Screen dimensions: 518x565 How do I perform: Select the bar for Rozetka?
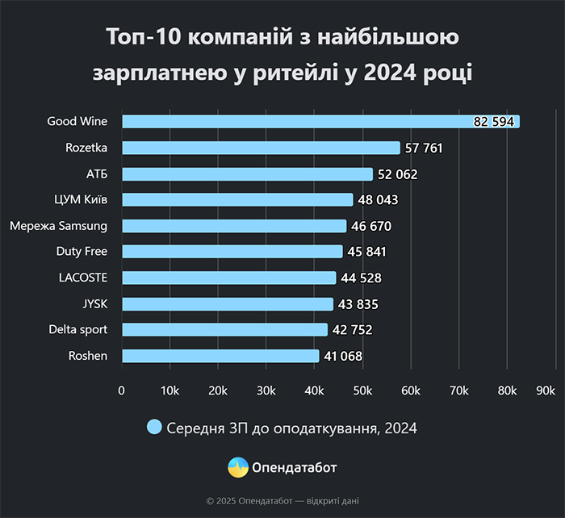click(261, 148)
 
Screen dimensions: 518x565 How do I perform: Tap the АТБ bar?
click(247, 174)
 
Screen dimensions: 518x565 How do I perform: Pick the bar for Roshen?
click(220, 356)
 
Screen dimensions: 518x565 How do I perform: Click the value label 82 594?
click(494, 122)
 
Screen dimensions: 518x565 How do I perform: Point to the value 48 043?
click(378, 200)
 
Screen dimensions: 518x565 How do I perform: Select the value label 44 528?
click(361, 278)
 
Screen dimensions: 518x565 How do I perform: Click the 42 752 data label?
click(352, 330)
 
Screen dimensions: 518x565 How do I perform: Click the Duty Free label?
click(82, 252)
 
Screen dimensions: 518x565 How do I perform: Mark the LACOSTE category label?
click(83, 278)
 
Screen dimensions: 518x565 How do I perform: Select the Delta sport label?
click(77, 329)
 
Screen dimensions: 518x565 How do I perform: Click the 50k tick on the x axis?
click(362, 391)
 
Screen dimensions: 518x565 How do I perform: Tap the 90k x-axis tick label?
click(545, 391)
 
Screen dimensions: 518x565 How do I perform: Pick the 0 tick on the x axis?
click(122, 391)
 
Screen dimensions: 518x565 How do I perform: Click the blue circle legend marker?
click(154, 428)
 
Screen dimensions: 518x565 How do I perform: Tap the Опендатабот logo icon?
click(237, 467)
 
